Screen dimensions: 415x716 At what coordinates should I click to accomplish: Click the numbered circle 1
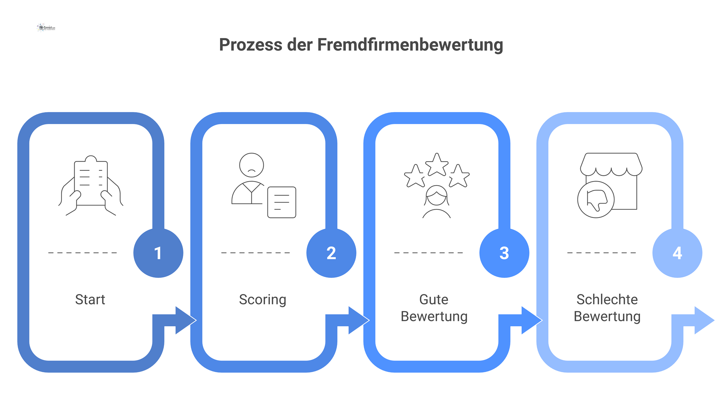(x=158, y=253)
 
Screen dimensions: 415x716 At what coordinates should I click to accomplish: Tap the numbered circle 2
(x=331, y=253)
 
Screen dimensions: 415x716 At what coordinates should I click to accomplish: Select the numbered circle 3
(x=504, y=253)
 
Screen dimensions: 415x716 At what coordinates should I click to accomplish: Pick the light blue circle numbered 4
(x=677, y=253)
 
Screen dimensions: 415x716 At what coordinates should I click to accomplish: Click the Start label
(x=90, y=300)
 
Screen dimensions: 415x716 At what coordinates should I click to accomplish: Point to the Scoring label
(x=263, y=300)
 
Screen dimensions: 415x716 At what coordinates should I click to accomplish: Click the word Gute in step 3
(x=434, y=300)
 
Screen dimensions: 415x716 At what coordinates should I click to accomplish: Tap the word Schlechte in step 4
(x=607, y=300)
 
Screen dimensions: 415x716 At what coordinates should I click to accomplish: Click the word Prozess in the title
(x=251, y=45)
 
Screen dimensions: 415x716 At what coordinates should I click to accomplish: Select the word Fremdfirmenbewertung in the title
(x=410, y=45)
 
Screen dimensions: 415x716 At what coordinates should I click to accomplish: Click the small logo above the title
(x=46, y=28)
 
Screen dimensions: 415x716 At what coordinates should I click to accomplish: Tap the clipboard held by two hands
(x=91, y=183)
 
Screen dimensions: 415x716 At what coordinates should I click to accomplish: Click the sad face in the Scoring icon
(x=251, y=165)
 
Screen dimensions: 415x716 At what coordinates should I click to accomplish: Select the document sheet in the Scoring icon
(x=282, y=202)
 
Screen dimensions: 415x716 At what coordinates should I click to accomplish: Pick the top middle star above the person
(x=437, y=164)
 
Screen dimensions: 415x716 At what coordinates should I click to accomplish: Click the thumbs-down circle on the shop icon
(x=596, y=199)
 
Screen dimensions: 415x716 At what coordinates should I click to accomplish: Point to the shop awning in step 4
(x=611, y=164)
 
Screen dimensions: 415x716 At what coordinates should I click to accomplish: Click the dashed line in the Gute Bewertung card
(x=428, y=253)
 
